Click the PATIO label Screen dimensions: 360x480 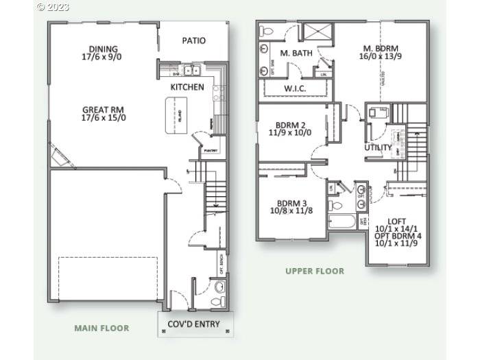point(194,40)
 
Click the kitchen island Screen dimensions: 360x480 point(176,115)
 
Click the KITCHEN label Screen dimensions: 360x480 point(187,87)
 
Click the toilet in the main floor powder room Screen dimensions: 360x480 point(219,286)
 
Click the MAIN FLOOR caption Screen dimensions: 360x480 point(101,328)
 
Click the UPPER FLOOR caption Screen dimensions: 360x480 point(315,271)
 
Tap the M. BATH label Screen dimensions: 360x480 point(295,53)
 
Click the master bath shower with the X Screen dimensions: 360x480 point(317,32)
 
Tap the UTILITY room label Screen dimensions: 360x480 point(378,147)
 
